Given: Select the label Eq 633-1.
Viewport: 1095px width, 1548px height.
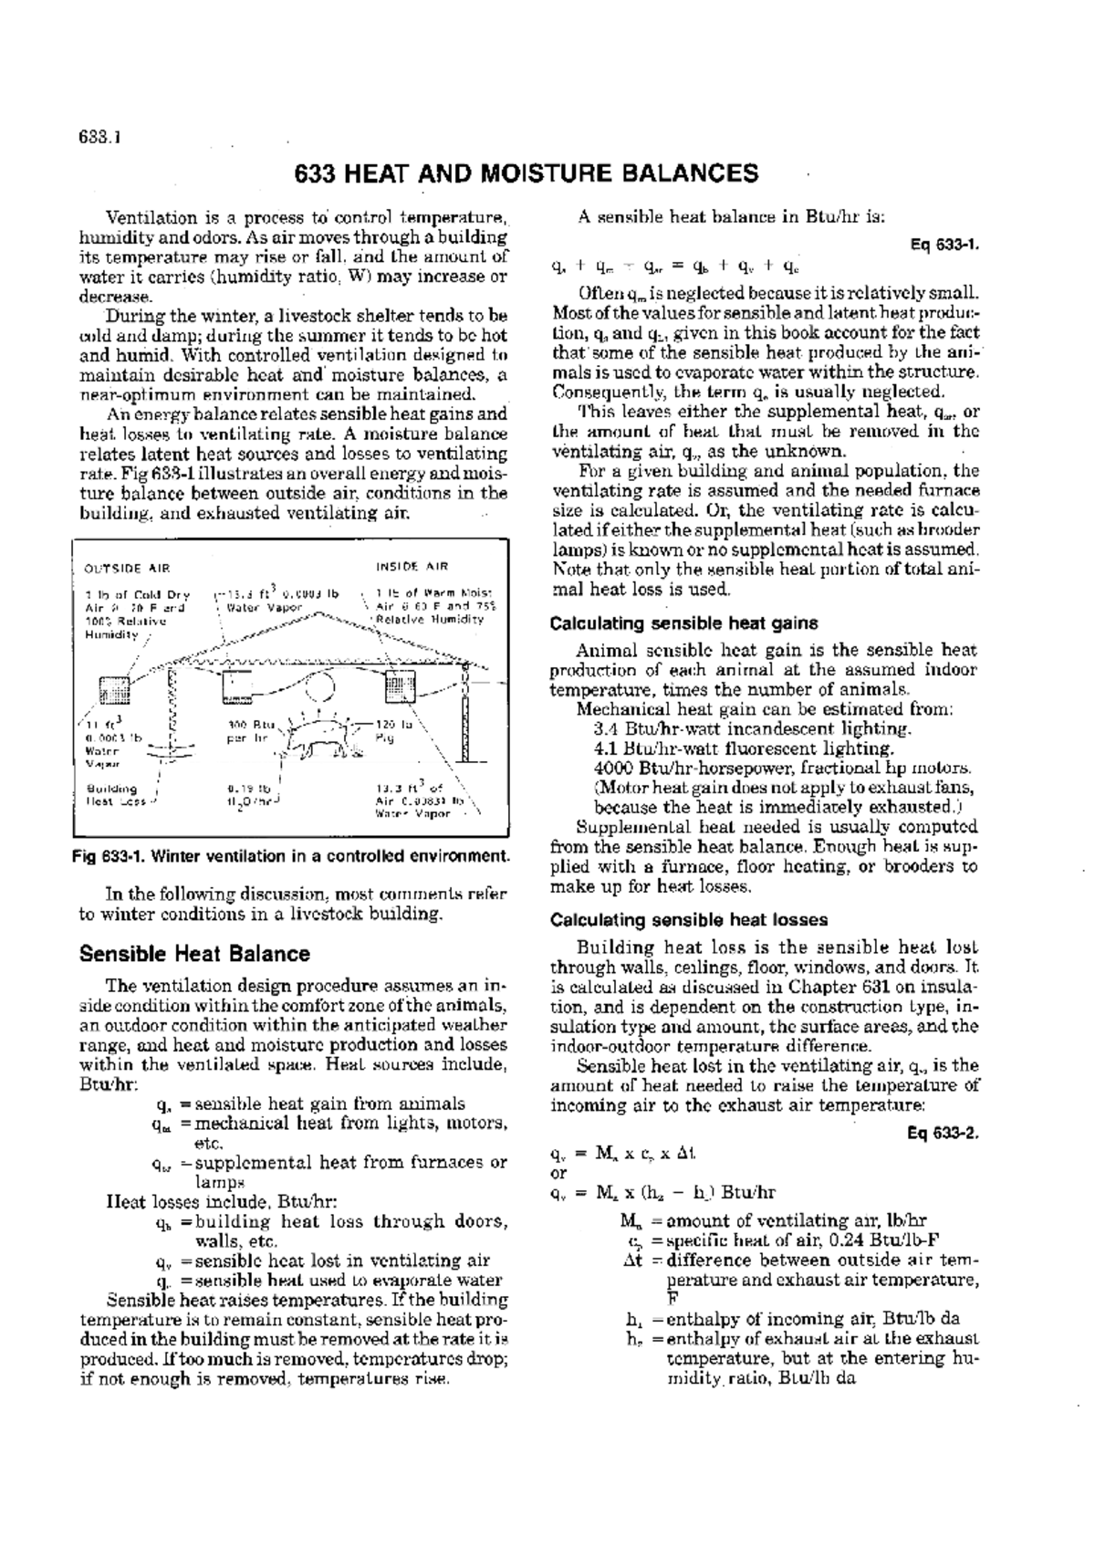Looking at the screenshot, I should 944,245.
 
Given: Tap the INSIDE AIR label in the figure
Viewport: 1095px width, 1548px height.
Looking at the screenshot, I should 412,567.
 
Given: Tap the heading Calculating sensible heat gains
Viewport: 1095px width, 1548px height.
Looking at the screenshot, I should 683,623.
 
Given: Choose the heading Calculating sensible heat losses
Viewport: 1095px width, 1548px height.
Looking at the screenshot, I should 689,920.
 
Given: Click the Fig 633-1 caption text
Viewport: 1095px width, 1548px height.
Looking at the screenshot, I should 291,856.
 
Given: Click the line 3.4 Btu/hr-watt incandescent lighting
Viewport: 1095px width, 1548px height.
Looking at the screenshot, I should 751,729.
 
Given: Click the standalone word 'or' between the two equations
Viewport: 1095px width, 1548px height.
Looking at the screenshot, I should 558,1173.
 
